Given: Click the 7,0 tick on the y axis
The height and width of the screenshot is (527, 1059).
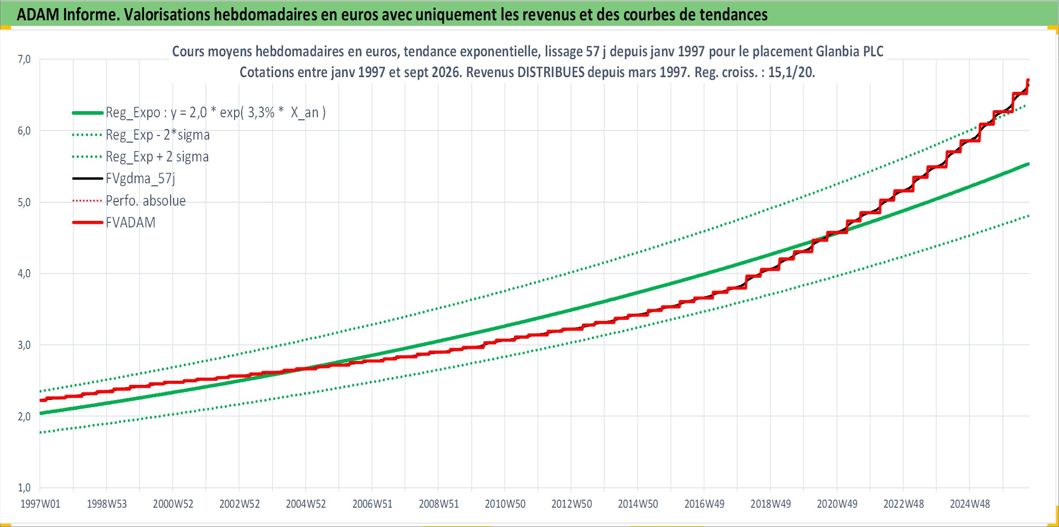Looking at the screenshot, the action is point(24,59).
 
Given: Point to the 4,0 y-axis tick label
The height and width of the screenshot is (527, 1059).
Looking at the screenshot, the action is point(24,274).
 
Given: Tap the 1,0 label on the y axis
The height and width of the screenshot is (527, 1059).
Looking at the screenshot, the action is point(24,488).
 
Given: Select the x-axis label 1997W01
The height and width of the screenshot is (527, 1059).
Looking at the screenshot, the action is point(40,504).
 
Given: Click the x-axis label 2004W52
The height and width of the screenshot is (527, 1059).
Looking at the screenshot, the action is point(306,504).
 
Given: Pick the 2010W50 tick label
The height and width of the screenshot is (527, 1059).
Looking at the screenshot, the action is point(505,504).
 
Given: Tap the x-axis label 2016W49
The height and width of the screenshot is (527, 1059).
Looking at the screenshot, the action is point(704,504).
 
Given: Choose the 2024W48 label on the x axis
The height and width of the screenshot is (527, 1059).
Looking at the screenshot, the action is point(970,504).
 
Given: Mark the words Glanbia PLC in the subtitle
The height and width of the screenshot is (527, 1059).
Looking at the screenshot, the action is point(849,51).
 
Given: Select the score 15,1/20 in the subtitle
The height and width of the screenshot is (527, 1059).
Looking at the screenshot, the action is point(791,72).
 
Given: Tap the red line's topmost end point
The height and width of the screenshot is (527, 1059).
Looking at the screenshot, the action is point(1028,80).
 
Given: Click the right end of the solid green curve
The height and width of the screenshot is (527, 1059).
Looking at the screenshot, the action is point(1029,164).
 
